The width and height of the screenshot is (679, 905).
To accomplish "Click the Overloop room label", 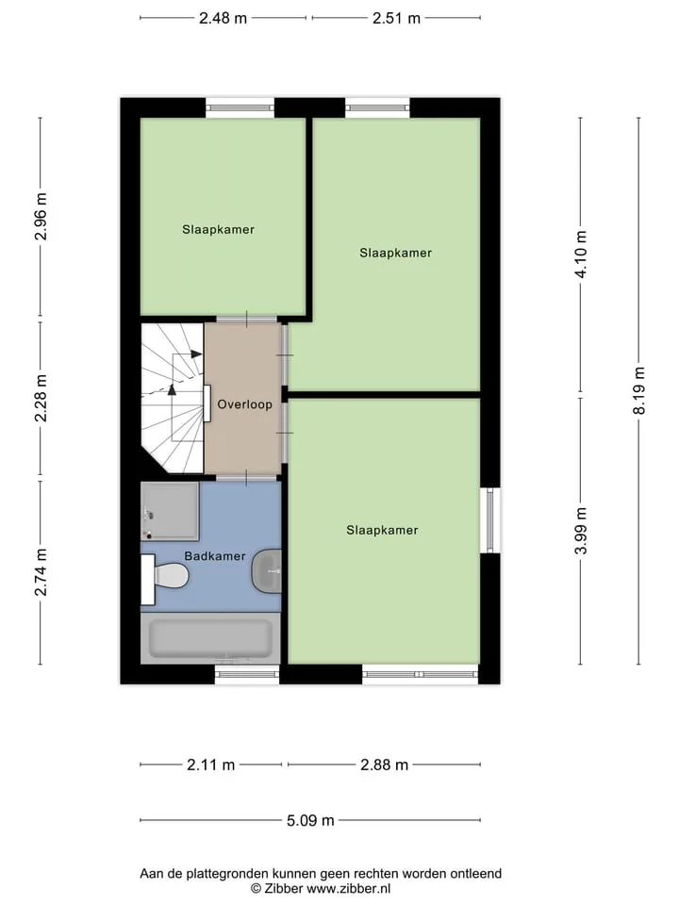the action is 244,404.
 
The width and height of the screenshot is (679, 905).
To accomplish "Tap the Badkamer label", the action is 215,556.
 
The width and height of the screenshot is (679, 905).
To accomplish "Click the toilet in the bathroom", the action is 165,576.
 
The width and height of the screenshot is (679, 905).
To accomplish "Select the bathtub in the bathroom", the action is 210,638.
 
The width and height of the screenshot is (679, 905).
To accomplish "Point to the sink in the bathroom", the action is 267,571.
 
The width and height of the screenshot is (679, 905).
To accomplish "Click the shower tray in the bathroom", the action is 170,511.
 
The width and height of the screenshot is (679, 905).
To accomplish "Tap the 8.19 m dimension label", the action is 639,390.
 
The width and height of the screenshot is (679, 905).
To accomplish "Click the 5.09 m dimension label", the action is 310,820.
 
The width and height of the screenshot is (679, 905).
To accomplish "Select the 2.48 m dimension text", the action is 223,18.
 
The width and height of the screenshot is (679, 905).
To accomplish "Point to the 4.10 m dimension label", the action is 581,255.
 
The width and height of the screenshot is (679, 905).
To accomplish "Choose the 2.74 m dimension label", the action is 41,572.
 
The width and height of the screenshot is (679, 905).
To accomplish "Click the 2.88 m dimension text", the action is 385,765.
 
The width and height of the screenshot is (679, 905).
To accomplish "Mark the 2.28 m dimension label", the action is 41,398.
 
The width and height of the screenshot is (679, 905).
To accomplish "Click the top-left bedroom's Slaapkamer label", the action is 218,229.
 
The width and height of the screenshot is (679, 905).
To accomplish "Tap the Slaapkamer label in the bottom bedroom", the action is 382,530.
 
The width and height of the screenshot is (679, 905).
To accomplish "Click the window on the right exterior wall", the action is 489,520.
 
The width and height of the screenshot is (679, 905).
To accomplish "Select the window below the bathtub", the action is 247,674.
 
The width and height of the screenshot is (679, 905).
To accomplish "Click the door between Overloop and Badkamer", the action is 246,477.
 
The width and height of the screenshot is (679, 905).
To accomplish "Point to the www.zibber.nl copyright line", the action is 321,889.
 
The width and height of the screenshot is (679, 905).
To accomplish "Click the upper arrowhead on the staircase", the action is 196,354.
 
